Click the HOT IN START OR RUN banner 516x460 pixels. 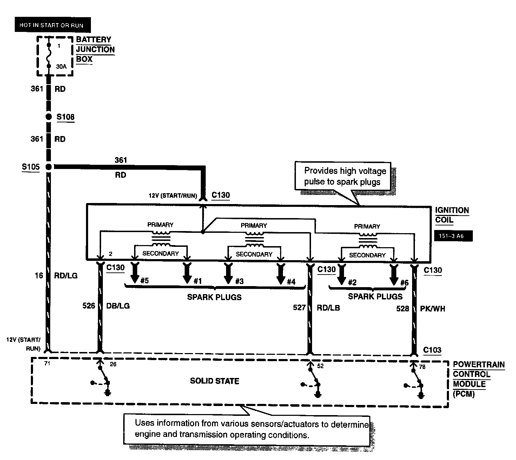[51, 25]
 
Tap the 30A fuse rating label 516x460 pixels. [61, 66]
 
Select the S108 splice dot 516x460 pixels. [49, 117]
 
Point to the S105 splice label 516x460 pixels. [31, 167]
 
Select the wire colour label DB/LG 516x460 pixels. [118, 306]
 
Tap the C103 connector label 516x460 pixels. [432, 350]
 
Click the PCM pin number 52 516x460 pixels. [320, 366]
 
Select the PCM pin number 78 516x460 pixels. [422, 367]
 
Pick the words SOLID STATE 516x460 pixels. [214, 381]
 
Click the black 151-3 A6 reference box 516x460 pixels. [453, 236]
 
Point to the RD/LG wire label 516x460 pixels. [66, 276]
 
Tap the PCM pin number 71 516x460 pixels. [47, 364]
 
